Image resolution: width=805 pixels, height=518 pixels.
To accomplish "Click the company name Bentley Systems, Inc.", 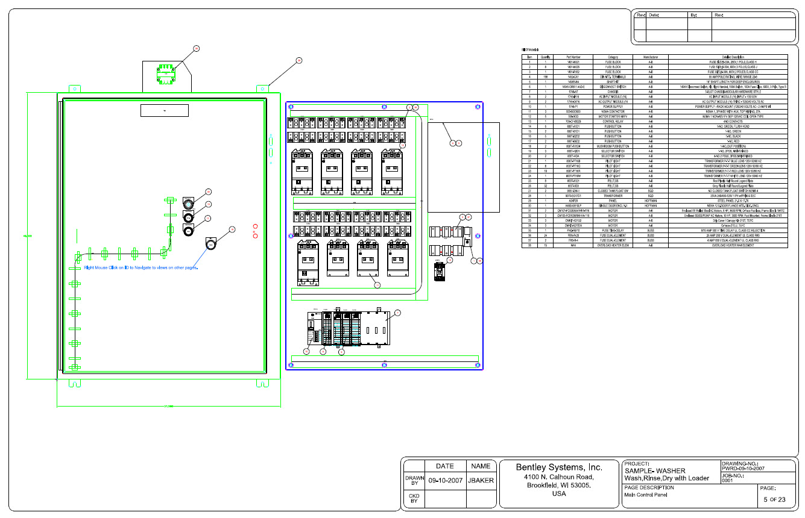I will (559, 467).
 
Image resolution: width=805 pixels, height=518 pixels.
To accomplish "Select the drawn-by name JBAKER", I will (481, 481).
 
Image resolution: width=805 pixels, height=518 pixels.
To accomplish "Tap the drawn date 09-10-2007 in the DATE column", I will (445, 481).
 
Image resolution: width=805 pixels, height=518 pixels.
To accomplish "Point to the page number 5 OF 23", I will (774, 499).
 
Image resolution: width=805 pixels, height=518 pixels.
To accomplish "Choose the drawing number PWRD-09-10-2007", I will (743, 468).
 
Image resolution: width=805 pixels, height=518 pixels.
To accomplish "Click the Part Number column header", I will (573, 57).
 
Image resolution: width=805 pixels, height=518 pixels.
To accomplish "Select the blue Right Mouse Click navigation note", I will (141, 267).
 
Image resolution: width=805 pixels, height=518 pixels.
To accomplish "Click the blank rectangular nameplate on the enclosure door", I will (164, 110).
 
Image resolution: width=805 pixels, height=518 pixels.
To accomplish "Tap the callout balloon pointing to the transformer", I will (196, 48).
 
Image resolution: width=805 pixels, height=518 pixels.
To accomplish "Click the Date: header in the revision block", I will (654, 14).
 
